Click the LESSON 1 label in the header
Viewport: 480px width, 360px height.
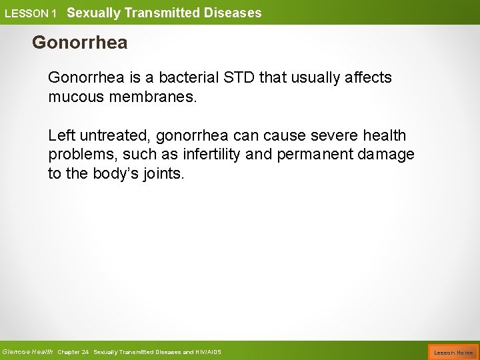[x=31, y=13]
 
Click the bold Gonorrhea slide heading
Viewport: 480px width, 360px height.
[x=79, y=43]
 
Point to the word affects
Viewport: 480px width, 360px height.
[x=367, y=78]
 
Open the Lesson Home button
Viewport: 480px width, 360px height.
[x=453, y=352]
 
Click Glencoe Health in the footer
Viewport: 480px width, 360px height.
[x=27, y=351]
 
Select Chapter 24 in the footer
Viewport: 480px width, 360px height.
[x=73, y=352]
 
